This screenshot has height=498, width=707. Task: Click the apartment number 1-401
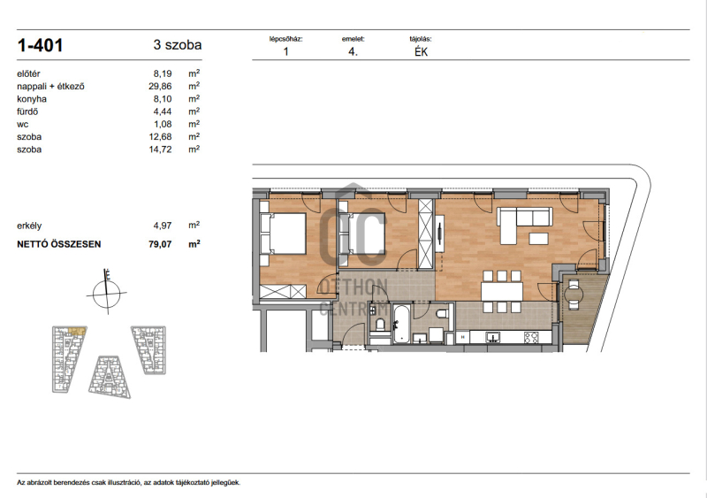[40, 45]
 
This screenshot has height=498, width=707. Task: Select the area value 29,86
[160, 86]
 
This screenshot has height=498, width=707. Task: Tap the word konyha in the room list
[32, 99]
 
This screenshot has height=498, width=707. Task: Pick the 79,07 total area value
[160, 244]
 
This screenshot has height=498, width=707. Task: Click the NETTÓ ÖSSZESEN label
[59, 244]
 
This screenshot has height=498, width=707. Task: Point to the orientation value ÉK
[422, 51]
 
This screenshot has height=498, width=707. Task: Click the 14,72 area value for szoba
[160, 149]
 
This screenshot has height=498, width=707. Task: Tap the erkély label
[29, 226]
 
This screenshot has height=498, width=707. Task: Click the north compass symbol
[107, 293]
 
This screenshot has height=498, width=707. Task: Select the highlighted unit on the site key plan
[77, 332]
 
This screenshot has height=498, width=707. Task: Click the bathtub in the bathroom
[400, 324]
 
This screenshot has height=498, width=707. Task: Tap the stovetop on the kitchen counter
[532, 337]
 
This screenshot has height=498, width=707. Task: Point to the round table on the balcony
[573, 295]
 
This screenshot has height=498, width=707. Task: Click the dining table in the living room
[502, 292]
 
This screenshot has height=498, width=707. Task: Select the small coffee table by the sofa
[539, 238]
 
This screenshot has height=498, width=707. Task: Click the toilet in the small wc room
[380, 324]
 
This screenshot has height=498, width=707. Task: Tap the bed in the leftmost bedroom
[283, 234]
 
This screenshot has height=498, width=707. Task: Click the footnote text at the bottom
[128, 483]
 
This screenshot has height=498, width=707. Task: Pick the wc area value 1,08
[163, 124]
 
